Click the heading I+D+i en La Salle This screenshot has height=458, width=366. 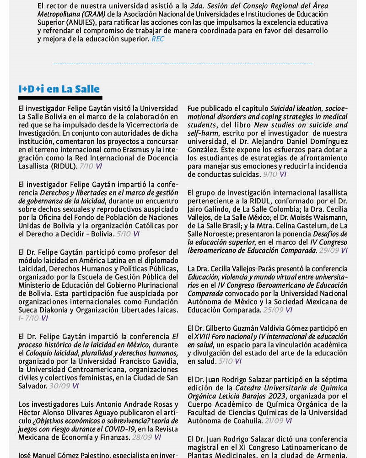[x=59, y=88]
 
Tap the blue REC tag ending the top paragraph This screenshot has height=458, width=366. [x=157, y=39]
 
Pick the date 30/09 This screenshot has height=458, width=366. [x=59, y=386]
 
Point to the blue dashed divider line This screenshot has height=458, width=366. [x=183, y=64]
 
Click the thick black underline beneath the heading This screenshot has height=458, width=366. [x=60, y=98]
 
